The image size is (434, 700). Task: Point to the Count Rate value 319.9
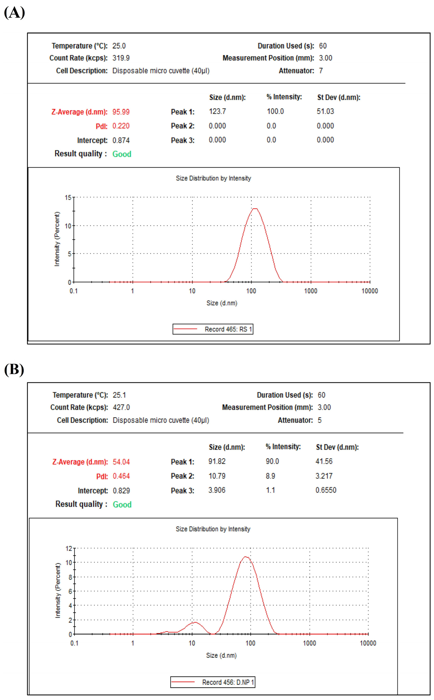click(x=121, y=58)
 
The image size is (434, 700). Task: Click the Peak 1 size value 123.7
click(x=217, y=111)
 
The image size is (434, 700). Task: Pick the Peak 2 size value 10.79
click(x=217, y=476)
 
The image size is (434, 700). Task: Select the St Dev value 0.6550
click(x=326, y=490)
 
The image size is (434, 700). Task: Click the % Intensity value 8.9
click(x=270, y=476)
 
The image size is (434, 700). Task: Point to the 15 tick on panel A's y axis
click(x=68, y=198)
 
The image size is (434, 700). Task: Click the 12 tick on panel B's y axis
click(x=69, y=548)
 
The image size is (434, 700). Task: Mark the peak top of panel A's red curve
click(x=255, y=209)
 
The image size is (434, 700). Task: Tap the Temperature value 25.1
click(x=119, y=395)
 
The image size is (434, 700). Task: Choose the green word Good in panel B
click(x=122, y=504)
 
